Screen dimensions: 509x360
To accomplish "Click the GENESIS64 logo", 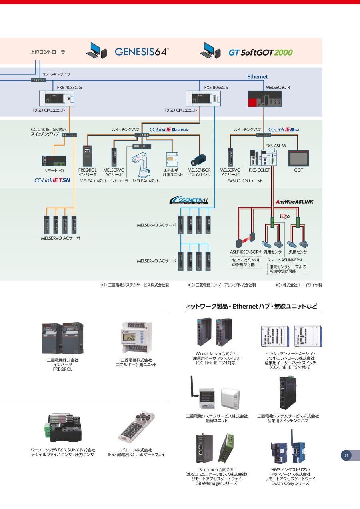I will tap(142, 52).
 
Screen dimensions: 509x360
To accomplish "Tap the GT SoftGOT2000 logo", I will tap(260, 52).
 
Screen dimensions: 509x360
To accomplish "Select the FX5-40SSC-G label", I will tap(69, 87).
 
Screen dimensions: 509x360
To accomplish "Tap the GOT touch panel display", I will tap(298, 158).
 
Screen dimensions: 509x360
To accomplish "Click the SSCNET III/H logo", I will tap(188, 200).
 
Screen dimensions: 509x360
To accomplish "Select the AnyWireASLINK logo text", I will tap(294, 202).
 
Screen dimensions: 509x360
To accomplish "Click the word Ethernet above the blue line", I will tap(257, 77).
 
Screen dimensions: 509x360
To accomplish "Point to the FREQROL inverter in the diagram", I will tap(88, 156).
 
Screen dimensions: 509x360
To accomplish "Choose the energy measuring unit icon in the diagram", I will tap(173, 159).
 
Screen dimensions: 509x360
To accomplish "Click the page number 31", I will tap(346, 455).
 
